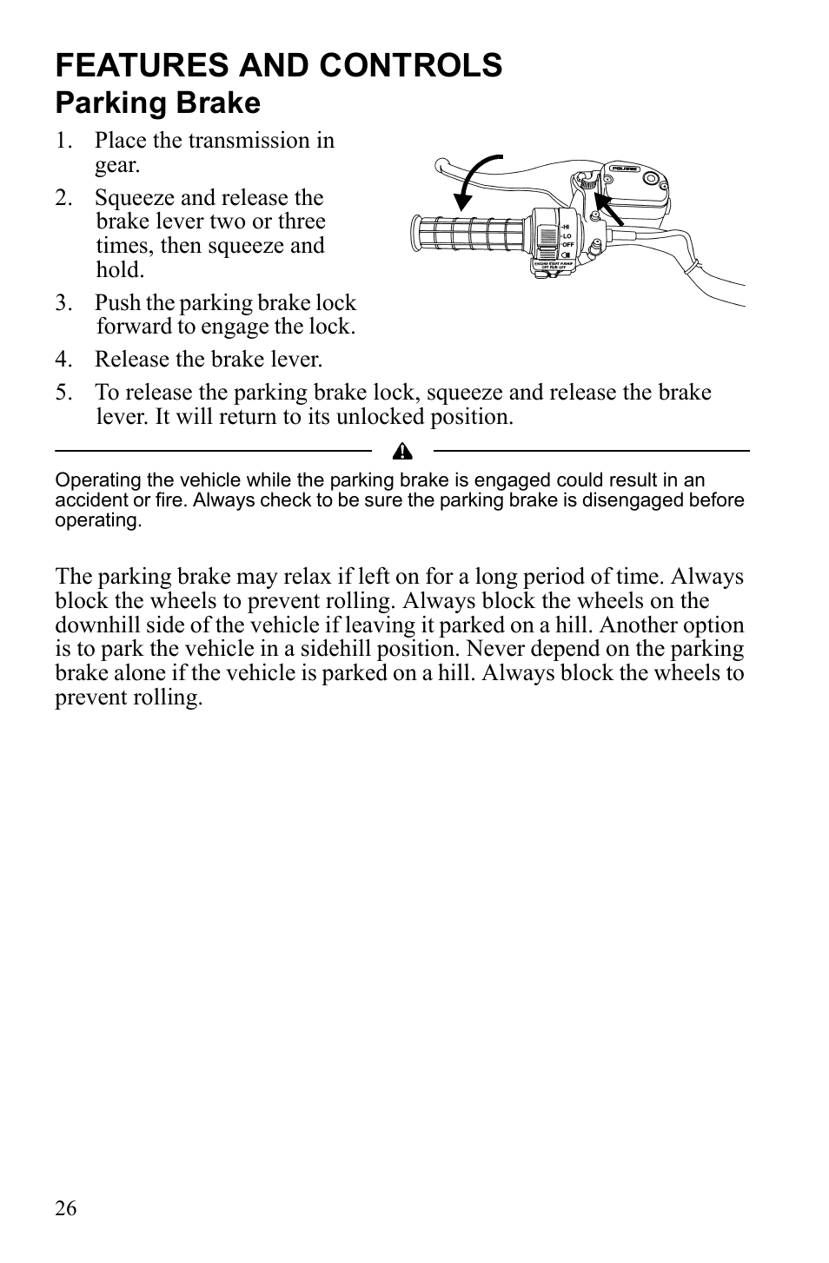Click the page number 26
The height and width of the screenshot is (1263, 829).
66,1208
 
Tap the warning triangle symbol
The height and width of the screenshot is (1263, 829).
401,451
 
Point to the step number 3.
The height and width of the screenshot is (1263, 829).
62,303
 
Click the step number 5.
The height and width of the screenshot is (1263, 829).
62,393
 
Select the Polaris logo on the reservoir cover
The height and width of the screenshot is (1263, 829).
624,169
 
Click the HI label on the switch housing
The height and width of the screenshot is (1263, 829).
565,226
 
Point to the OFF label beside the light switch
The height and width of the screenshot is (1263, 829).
567,245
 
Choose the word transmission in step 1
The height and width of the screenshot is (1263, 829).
245,141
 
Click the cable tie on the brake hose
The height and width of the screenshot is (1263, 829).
693,268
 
